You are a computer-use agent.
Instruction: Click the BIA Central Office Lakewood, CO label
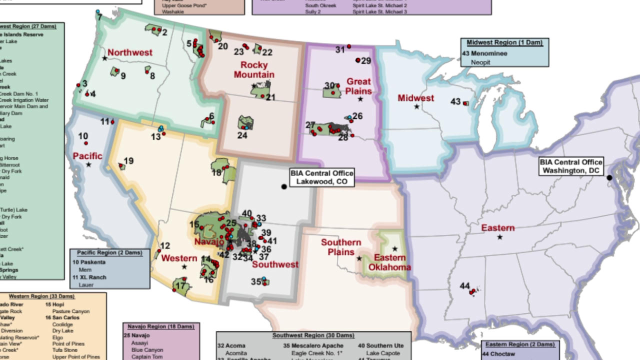click(321, 177)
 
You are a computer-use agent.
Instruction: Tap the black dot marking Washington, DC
click(609, 177)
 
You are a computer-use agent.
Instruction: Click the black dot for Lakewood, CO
click(284, 186)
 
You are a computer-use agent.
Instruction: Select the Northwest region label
click(130, 52)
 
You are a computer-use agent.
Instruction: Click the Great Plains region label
click(358, 86)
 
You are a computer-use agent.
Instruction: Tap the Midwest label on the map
click(415, 98)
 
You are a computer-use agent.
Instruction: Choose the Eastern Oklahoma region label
click(390, 262)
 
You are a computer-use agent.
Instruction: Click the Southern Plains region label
click(341, 247)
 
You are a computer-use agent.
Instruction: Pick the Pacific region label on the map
click(87, 156)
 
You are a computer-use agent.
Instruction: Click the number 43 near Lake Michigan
click(455, 101)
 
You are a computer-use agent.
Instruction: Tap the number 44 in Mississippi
click(464, 286)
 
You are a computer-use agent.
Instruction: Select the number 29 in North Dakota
click(366, 61)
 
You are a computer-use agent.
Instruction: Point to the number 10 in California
click(83, 136)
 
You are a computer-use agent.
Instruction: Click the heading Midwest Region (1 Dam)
click(504, 43)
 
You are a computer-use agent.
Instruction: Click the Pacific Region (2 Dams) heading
click(109, 252)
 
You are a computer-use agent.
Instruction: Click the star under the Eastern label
click(500, 237)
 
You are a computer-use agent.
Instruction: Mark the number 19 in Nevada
click(128, 161)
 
